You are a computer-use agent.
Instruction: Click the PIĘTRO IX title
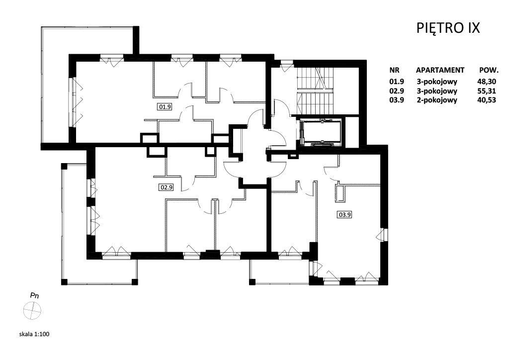(x=448, y=28)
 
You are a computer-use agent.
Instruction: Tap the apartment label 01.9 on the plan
(x=165, y=106)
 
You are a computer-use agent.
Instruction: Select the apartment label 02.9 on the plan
(x=166, y=187)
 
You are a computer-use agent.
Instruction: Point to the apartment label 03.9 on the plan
(x=345, y=215)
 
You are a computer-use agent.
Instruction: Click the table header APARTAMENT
(x=440, y=70)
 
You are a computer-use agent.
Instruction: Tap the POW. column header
(x=489, y=70)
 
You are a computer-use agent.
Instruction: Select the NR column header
(x=394, y=70)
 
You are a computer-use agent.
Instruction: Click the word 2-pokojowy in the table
(x=437, y=100)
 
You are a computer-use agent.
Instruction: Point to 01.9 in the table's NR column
(x=397, y=82)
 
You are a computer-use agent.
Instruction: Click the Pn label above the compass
(x=34, y=296)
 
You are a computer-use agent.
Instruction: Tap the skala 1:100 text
(x=34, y=334)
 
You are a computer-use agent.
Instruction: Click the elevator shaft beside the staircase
(x=321, y=132)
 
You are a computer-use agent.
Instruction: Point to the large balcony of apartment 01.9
(x=55, y=85)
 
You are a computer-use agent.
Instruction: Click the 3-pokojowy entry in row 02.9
(x=437, y=91)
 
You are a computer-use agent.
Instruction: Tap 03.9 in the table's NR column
(x=397, y=100)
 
